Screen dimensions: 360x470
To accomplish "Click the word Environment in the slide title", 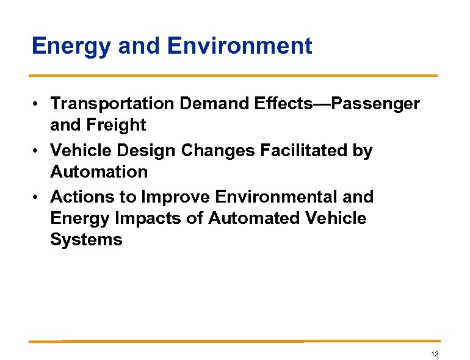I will pos(239,46).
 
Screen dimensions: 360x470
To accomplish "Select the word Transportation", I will pos(112,104).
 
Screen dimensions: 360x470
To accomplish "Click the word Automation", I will pos(99,172).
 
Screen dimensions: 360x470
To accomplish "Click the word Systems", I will pos(86,240).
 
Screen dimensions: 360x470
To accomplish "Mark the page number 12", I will pos(435,355).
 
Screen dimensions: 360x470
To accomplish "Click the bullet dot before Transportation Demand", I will pos(37,104).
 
